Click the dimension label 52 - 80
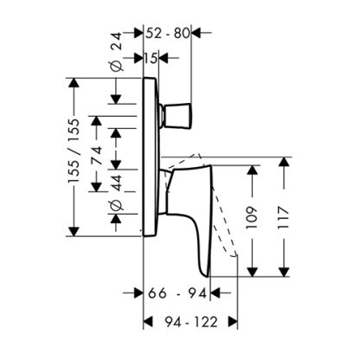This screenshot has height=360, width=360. point(168,33)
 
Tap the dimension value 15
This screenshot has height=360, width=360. point(151,58)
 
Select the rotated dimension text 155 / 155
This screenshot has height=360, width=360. point(74,151)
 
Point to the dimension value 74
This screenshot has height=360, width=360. point(97,155)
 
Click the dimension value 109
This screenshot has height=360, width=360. point(252,217)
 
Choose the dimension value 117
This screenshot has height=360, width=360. point(284,217)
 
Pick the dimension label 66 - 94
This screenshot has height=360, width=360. point(177,293)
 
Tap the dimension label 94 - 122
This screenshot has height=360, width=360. point(191,322)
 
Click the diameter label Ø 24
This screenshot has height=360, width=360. point(117,51)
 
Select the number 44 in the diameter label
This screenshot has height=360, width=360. point(117,183)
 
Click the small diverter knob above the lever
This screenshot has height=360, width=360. point(177,115)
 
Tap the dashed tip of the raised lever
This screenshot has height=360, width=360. point(234,255)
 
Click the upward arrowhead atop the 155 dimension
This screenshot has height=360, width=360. point(74,82)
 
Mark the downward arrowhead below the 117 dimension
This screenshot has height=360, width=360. point(284,272)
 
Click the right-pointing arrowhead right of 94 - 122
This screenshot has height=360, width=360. point(233,322)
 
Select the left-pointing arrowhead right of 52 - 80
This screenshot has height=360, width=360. point(196,33)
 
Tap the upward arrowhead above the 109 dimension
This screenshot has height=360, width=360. point(252,170)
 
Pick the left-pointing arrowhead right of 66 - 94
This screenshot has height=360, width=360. point(215,293)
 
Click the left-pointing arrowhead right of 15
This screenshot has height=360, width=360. point(164,58)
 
